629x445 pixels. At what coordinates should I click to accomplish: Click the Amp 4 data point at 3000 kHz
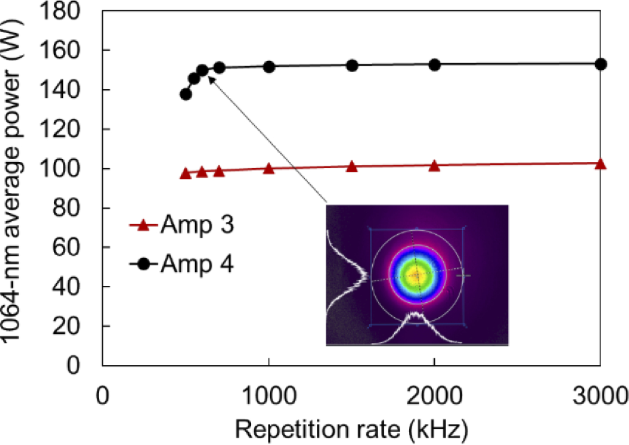pos(601,64)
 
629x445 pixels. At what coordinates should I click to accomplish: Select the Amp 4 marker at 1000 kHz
pos(268,67)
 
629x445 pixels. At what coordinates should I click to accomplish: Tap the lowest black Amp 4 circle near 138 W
pos(186,94)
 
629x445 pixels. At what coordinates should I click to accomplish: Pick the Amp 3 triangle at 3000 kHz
pos(601,164)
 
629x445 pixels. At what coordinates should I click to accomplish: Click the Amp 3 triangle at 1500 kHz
pos(352,167)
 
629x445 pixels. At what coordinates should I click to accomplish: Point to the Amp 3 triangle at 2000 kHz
pos(434,165)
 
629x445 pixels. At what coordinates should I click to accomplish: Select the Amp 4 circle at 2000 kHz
pos(434,65)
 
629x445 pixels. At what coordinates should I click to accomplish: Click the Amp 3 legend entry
pos(181,225)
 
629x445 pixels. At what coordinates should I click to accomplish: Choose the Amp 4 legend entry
pos(181,264)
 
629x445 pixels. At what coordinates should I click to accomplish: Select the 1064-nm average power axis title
pos(14,185)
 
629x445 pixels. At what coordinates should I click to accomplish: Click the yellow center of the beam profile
pos(416,276)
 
